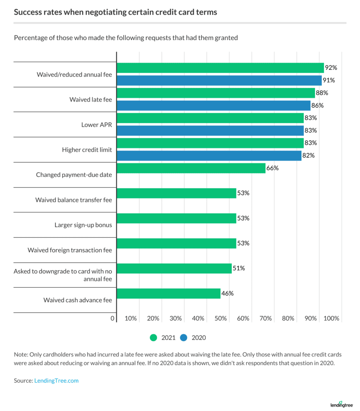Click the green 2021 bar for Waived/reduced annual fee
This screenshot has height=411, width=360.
click(x=220, y=68)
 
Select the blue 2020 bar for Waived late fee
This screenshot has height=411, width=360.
click(x=213, y=106)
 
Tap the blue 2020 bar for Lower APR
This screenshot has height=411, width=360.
click(x=210, y=130)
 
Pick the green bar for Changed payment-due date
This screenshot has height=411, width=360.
click(x=191, y=168)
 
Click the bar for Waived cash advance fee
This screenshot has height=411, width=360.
click(x=168, y=293)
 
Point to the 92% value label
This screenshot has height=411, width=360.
click(x=331, y=67)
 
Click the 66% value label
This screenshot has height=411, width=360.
click(x=272, y=168)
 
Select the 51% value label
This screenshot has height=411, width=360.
click(x=238, y=268)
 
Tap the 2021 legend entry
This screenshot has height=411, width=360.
click(x=162, y=338)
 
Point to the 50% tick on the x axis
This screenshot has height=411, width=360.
click(x=221, y=318)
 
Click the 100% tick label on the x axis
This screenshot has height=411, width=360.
click(x=332, y=318)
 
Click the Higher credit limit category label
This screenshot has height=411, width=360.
click(x=87, y=150)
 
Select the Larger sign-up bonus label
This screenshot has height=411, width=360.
click(x=83, y=225)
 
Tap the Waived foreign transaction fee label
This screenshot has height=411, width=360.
click(x=70, y=250)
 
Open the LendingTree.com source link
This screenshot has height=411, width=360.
click(x=56, y=380)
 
